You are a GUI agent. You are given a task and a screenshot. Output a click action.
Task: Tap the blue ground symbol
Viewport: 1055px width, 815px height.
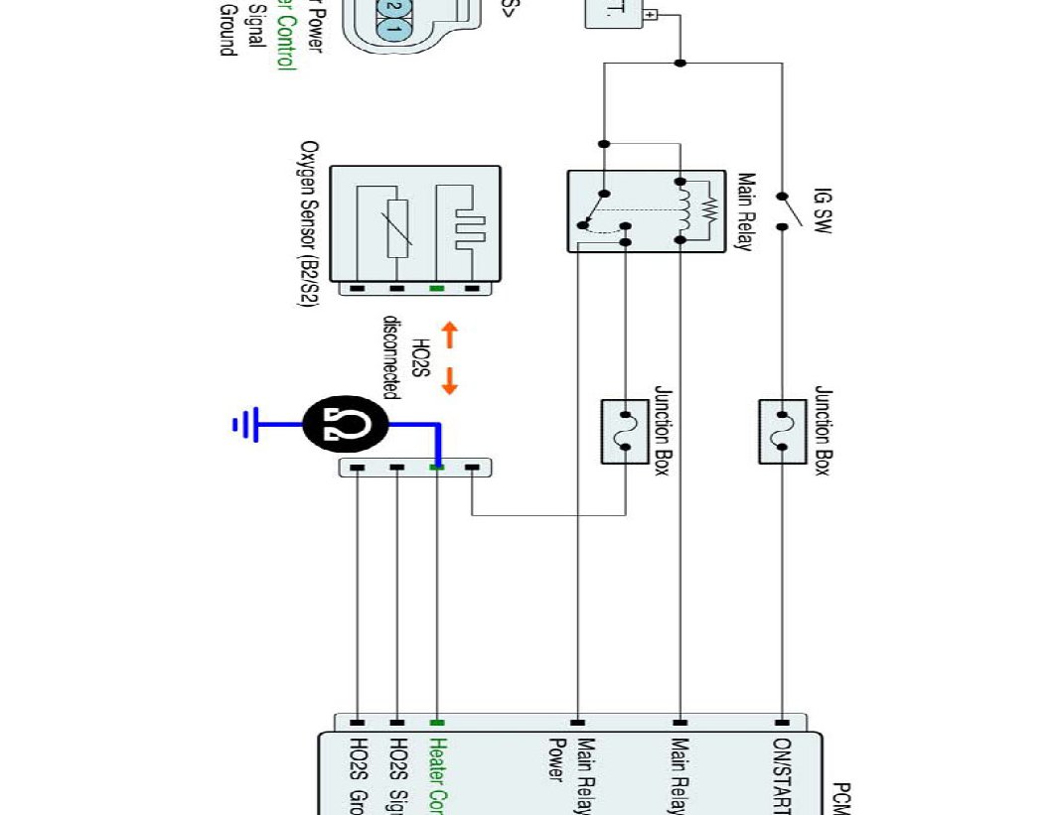coord(244,425)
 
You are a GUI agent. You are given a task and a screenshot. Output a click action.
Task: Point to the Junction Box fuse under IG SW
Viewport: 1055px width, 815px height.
coord(782,432)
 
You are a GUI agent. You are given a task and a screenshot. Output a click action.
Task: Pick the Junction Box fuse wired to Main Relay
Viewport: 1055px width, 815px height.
coord(625,432)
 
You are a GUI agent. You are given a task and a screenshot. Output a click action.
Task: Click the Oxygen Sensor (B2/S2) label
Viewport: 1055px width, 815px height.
coord(310,222)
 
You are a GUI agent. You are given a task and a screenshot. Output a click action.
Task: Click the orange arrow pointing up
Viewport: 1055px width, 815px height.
coord(448,335)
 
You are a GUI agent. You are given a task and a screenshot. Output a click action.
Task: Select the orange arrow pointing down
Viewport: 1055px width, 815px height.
coord(448,380)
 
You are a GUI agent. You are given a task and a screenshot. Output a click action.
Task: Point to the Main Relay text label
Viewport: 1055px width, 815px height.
coord(744,212)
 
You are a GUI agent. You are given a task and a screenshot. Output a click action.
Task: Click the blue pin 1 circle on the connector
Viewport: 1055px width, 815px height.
coord(393,29)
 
